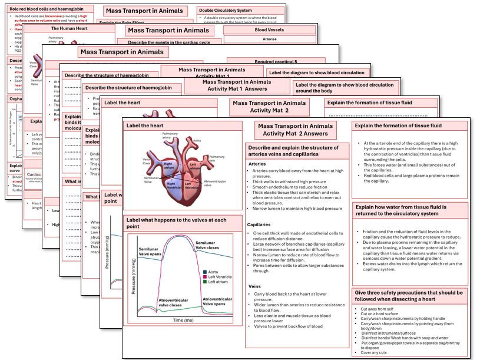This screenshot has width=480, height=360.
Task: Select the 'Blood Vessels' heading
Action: click(269, 29)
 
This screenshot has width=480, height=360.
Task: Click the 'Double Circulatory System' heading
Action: click(225, 11)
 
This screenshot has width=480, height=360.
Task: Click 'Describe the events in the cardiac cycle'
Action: click(165, 42)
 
